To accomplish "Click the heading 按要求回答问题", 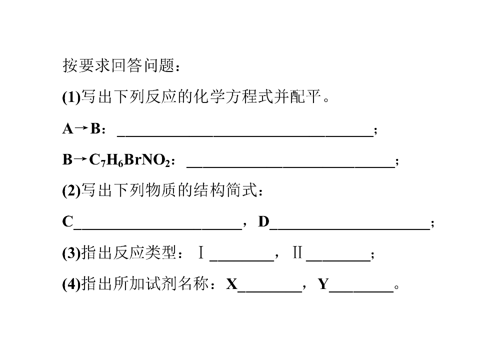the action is click(x=119, y=65).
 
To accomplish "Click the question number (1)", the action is click(x=71, y=97).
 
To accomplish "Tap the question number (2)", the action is click(x=71, y=190).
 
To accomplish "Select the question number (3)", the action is click(x=71, y=253).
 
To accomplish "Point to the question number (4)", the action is click(x=71, y=284).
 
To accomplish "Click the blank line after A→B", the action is click(x=245, y=136).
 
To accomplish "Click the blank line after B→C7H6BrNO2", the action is click(x=291, y=167).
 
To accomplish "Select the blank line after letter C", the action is click(x=158, y=228).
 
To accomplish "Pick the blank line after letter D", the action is click(x=350, y=228).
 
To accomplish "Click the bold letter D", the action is click(x=263, y=221).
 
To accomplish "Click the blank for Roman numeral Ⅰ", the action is click(x=242, y=260).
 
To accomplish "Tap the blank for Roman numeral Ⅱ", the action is click(x=338, y=260).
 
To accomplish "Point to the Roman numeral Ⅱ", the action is click(x=297, y=253).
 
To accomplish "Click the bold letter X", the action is click(x=231, y=284).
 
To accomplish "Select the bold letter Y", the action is click(x=323, y=284).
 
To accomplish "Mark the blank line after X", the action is click(x=269, y=291).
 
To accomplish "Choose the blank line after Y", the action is click(x=361, y=291).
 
